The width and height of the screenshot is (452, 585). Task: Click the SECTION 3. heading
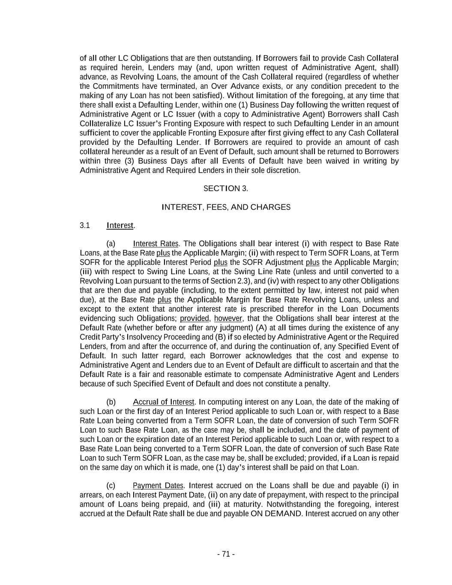[x=226, y=189]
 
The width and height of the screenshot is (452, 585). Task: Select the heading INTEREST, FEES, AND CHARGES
[x=226, y=207]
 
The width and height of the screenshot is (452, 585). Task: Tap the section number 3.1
[x=85, y=225]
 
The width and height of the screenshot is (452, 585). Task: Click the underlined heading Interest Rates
[x=156, y=244]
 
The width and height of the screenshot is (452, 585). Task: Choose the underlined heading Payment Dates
[x=158, y=486]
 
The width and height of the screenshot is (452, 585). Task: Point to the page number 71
[x=226, y=554]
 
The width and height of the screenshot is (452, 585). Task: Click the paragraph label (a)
[x=111, y=244]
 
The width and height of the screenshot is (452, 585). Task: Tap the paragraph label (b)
[x=111, y=402]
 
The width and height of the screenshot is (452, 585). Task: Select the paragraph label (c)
[x=111, y=486]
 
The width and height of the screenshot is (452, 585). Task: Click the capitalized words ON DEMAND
[x=276, y=514]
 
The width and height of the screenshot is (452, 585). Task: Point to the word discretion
[x=282, y=171]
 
